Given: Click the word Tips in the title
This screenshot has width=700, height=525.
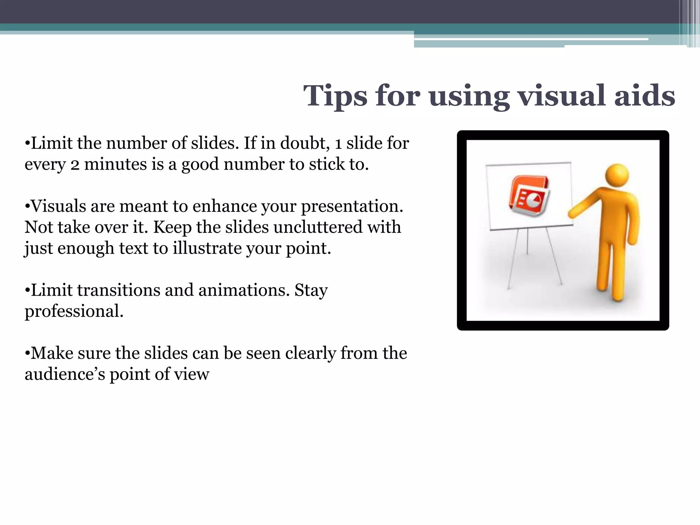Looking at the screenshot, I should tap(335, 96).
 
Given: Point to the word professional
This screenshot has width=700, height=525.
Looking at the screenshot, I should tap(74, 311).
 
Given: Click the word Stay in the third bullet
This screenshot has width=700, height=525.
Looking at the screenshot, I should tap(311, 291).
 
